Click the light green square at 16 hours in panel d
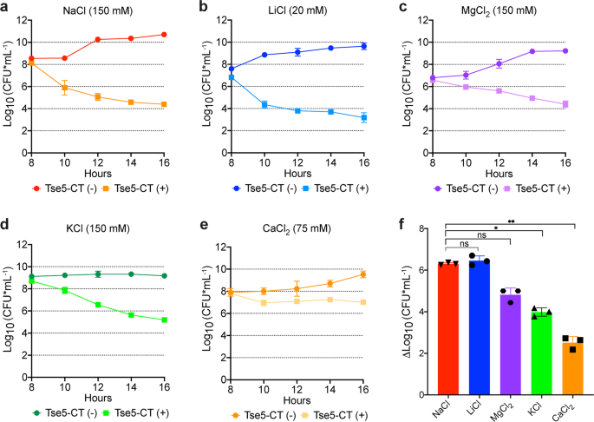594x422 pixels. point(164,320)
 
